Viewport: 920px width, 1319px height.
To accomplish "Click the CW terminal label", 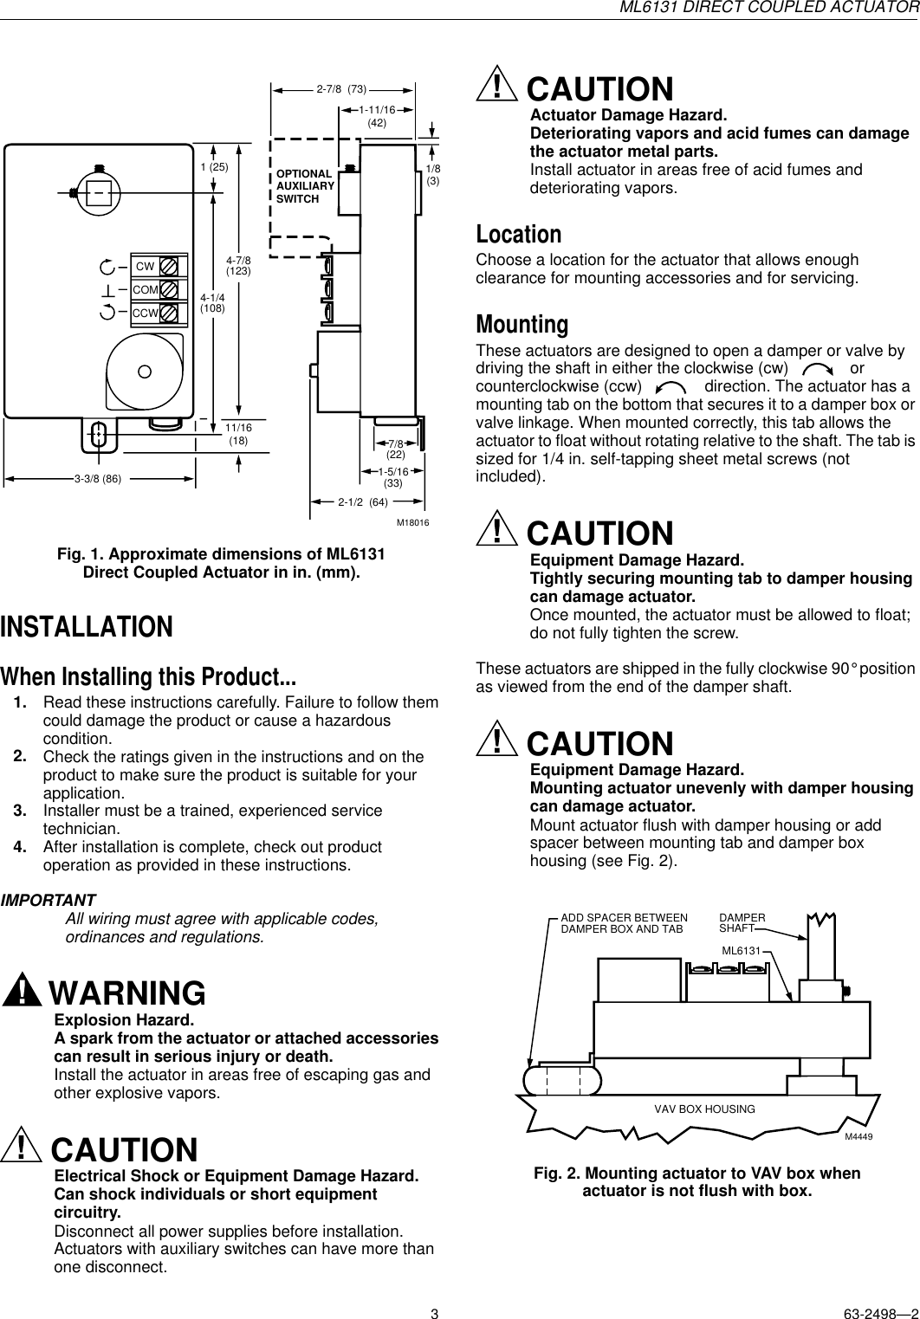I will pyautogui.click(x=145, y=266).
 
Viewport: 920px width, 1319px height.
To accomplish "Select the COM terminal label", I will pyautogui.click(x=145, y=289).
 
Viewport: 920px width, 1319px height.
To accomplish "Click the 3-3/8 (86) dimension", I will pyautogui.click(x=97, y=477).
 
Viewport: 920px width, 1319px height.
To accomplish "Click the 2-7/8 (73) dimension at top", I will pyautogui.click(x=341, y=88).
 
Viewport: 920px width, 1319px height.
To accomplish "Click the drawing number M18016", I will pyautogui.click(x=413, y=523).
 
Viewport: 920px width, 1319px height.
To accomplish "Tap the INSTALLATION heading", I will pyautogui.click(x=87, y=603).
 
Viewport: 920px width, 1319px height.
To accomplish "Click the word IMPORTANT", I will pyautogui.click(x=49, y=901).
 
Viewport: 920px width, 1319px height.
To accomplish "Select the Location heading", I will pyautogui.click(x=519, y=235).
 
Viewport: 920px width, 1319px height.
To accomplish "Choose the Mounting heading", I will pyautogui.click(x=522, y=325).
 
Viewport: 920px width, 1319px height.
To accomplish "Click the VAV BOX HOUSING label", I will pyautogui.click(x=704, y=1109).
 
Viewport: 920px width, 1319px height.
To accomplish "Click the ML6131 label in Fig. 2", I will pyautogui.click(x=741, y=951).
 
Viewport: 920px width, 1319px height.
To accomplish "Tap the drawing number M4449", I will pyautogui.click(x=858, y=1137).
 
